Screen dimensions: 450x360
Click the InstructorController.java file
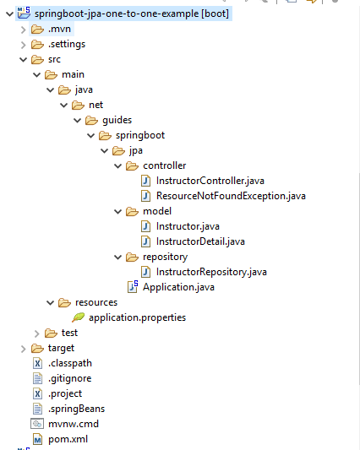(x=210, y=181)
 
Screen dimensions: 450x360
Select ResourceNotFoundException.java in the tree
(x=231, y=196)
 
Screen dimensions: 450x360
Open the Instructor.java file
(x=188, y=226)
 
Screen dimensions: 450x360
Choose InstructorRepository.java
(x=211, y=272)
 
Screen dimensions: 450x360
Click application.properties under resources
(x=137, y=317)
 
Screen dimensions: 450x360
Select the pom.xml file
(x=68, y=439)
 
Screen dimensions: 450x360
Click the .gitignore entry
(x=70, y=378)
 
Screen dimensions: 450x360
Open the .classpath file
(x=72, y=363)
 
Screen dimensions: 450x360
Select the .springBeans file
(x=76, y=409)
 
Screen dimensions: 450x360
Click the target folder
(x=62, y=348)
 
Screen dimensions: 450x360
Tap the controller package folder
(x=164, y=165)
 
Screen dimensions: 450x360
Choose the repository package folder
(x=166, y=257)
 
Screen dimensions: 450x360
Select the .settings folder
(x=67, y=44)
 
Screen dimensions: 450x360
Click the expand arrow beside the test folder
(x=35, y=333)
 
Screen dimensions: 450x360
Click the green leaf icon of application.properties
(x=78, y=317)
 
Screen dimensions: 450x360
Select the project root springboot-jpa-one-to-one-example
(x=132, y=14)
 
